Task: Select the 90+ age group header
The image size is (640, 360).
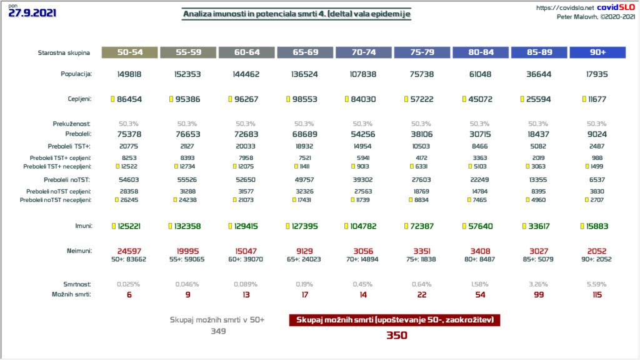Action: [x=597, y=53]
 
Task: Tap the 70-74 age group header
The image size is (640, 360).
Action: [x=363, y=53]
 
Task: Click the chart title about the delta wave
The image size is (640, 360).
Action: [x=297, y=14]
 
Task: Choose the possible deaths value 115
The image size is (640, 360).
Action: [x=597, y=295]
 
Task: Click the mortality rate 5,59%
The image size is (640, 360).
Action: [x=597, y=284]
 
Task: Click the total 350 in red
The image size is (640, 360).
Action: [x=396, y=336]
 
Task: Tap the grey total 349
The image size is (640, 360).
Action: [x=217, y=331]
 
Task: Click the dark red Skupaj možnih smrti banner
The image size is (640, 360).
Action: [x=395, y=320]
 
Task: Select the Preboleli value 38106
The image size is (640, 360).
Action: [x=422, y=133]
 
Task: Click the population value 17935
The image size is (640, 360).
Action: [x=597, y=74]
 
